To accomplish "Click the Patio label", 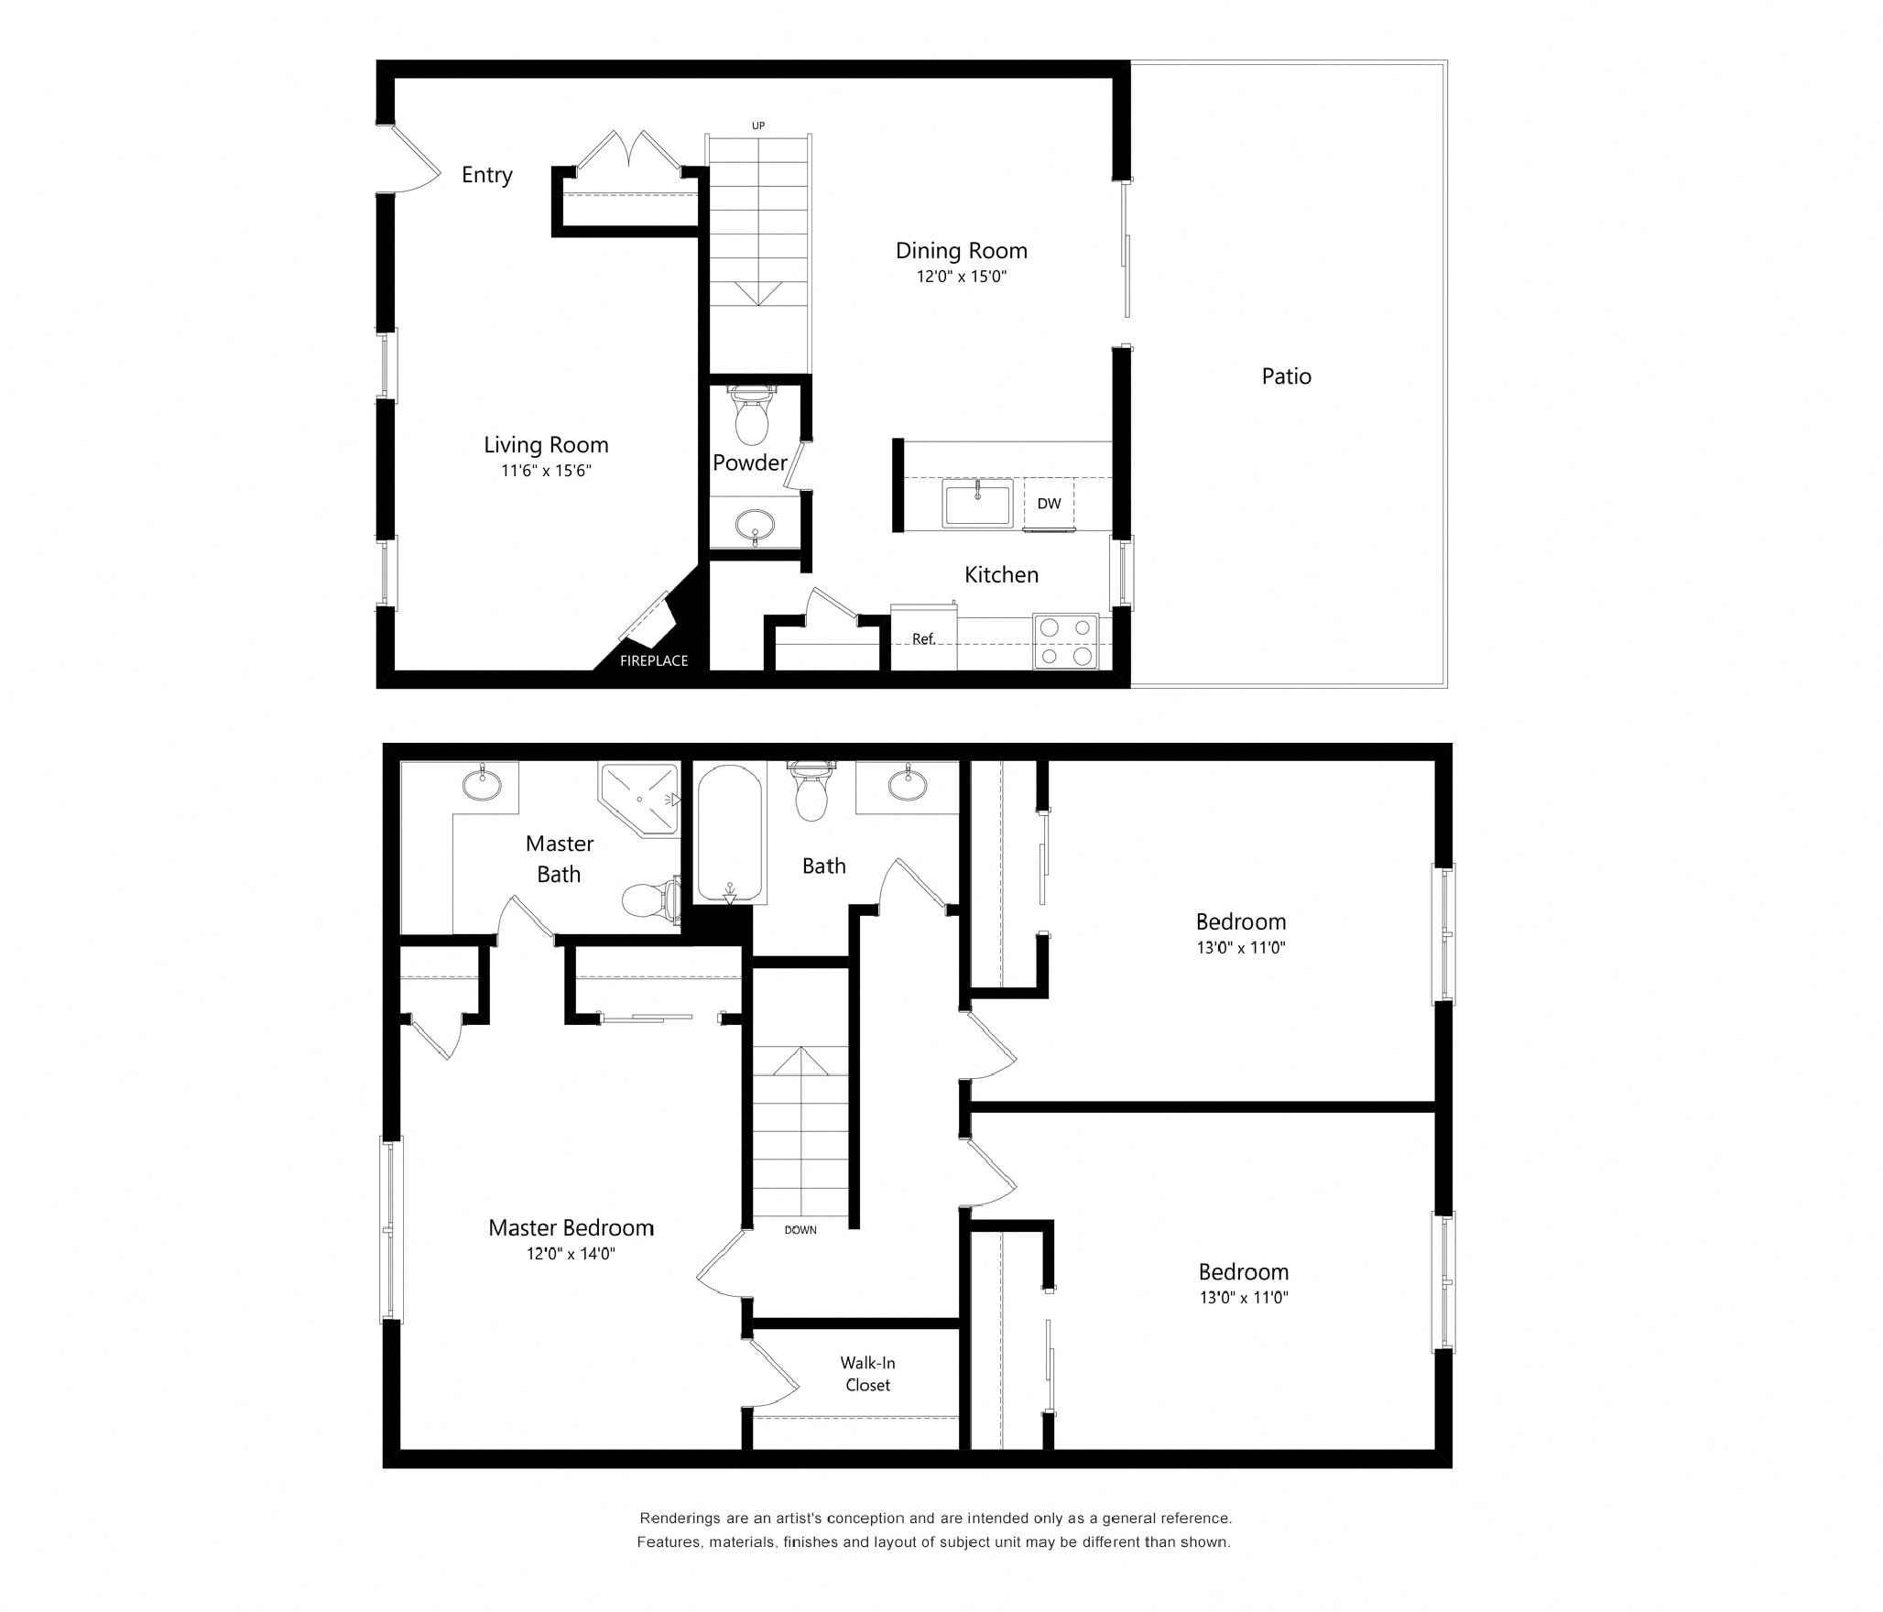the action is [1286, 376].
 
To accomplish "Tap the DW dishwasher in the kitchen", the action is [1049, 504].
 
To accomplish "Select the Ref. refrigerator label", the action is [923, 639].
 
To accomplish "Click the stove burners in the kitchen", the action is [1066, 641].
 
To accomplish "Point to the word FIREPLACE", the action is [654, 661].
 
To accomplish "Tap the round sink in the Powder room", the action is [756, 526].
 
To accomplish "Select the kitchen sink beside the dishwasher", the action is [978, 503].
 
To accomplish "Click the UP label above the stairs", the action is [758, 125].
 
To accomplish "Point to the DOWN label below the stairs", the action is [800, 1230].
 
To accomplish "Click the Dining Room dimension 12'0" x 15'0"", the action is [962, 277].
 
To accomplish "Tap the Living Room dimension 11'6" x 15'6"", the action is [546, 472].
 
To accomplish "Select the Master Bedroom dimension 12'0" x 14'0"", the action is [571, 1254].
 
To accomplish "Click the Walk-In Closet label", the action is [867, 1374].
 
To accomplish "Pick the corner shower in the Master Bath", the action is [639, 799].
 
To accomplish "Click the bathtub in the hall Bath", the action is [730, 833].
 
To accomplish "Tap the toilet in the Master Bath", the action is [651, 899].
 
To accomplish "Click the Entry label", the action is [486, 175].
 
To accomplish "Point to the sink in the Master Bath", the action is [482, 784].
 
